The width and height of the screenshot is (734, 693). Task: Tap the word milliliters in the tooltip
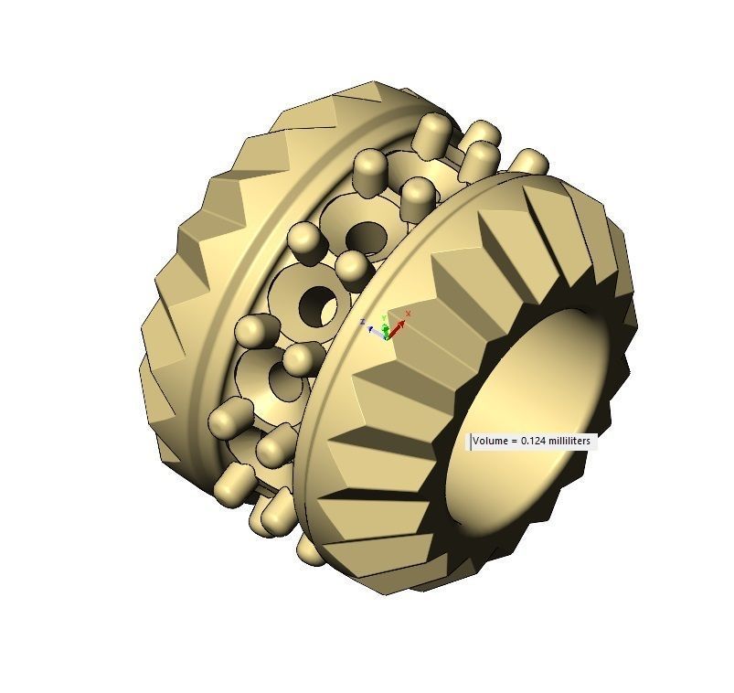[570, 442]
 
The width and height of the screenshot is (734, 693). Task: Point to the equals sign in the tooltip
[512, 442]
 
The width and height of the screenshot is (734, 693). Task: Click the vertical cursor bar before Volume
[471, 442]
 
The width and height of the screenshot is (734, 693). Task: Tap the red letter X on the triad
[408, 314]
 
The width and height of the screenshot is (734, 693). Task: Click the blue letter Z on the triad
[363, 321]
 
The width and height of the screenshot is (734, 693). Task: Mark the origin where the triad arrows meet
[388, 335]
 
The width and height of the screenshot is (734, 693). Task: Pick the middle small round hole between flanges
[319, 304]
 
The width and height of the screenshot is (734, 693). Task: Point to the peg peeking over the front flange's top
[527, 162]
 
